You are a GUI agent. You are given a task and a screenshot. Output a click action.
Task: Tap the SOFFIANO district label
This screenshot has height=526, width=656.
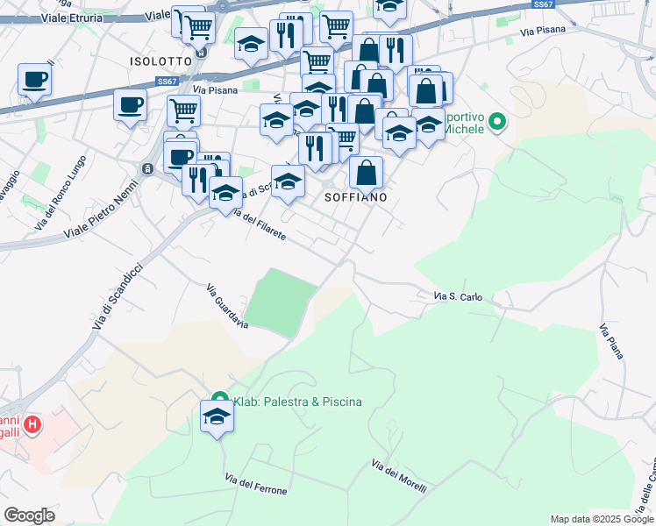coord(356,197)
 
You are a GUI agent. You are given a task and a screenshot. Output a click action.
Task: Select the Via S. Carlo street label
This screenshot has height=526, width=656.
coord(458,297)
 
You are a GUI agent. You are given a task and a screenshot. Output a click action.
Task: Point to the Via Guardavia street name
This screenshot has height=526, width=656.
coord(227,306)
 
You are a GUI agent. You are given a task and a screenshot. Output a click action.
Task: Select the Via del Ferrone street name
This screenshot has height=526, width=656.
coord(256,484)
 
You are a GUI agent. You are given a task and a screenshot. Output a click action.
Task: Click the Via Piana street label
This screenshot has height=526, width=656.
coord(611,341)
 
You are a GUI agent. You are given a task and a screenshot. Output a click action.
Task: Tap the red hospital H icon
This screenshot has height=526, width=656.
coord(32,426)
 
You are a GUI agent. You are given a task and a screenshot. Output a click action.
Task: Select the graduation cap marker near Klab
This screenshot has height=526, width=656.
coord(216,417)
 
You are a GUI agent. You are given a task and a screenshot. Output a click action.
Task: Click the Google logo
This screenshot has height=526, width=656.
coord(29,515)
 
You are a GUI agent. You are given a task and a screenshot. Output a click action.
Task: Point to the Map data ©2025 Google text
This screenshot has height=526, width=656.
coord(602,519)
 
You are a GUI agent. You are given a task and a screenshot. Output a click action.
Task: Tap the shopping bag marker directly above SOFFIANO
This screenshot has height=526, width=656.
coord(366,171)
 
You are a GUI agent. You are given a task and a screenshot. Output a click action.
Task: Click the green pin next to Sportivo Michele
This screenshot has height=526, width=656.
coord(497,121)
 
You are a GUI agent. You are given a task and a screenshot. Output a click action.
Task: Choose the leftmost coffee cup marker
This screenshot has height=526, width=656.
coord(34,80)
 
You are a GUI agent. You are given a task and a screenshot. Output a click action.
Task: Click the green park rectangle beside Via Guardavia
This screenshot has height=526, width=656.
coord(280,302)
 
